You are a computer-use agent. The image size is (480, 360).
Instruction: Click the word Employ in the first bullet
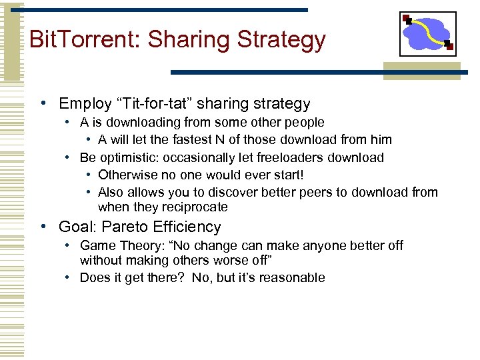[x=84, y=104]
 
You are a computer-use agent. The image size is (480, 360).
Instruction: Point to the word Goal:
[x=77, y=227]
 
